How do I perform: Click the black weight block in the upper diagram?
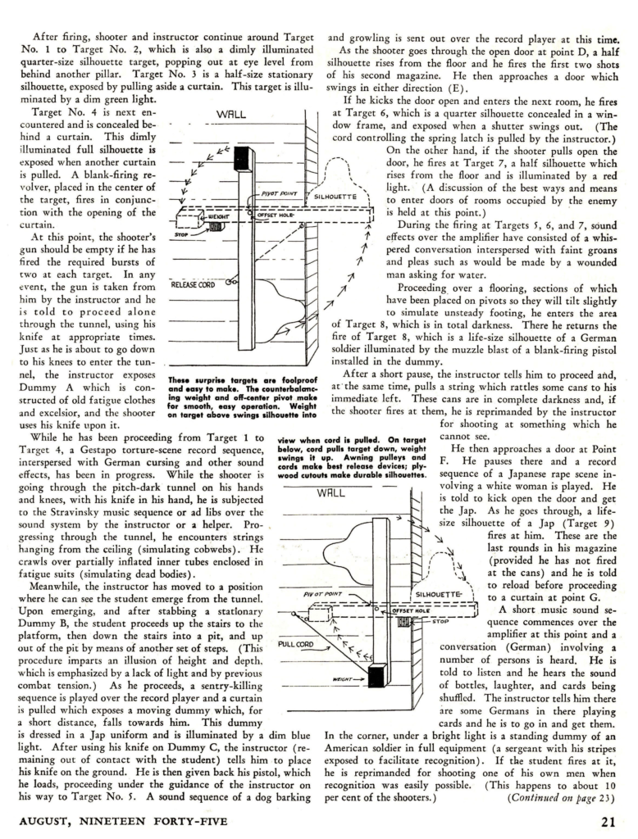[217, 225]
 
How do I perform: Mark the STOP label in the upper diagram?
[185, 234]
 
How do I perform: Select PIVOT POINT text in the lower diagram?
[322, 594]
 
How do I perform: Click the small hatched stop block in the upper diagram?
[217, 225]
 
